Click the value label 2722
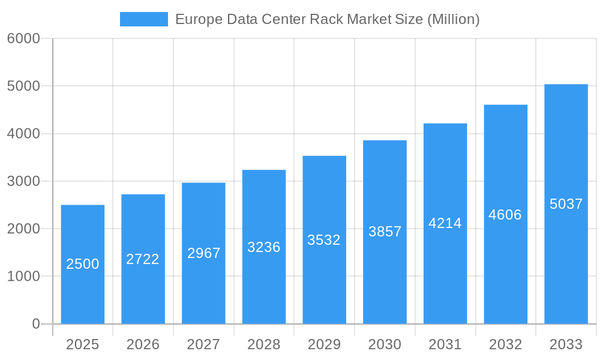[x=143, y=259]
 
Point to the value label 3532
[x=324, y=240]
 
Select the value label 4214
[x=445, y=223]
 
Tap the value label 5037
[x=566, y=204]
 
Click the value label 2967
[x=203, y=253]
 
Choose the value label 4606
[x=505, y=215]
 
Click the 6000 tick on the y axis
[x=23, y=38]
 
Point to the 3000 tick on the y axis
[x=23, y=181]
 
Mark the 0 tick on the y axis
[x=35, y=324]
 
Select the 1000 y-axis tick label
[x=23, y=277]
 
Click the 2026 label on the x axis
[x=143, y=344]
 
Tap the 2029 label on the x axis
[x=324, y=344]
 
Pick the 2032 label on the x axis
[x=505, y=344]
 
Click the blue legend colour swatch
[x=144, y=19]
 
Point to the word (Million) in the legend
[x=453, y=19]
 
